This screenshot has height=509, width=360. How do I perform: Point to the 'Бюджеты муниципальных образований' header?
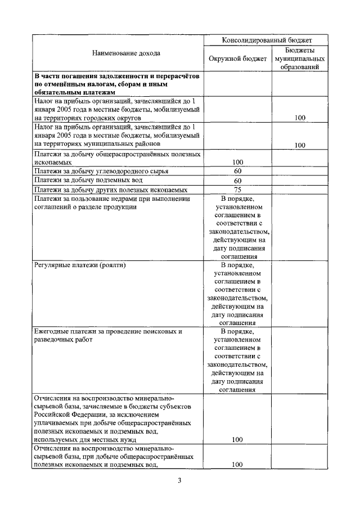click(x=299, y=58)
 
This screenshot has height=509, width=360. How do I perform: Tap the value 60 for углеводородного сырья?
click(x=237, y=171)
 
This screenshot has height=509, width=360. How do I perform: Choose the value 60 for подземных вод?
click(x=237, y=181)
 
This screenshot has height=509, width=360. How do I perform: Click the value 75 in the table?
click(x=237, y=190)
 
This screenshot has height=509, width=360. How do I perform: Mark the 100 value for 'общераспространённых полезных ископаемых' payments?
click(x=237, y=162)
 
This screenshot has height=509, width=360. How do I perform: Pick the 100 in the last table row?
click(x=237, y=465)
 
